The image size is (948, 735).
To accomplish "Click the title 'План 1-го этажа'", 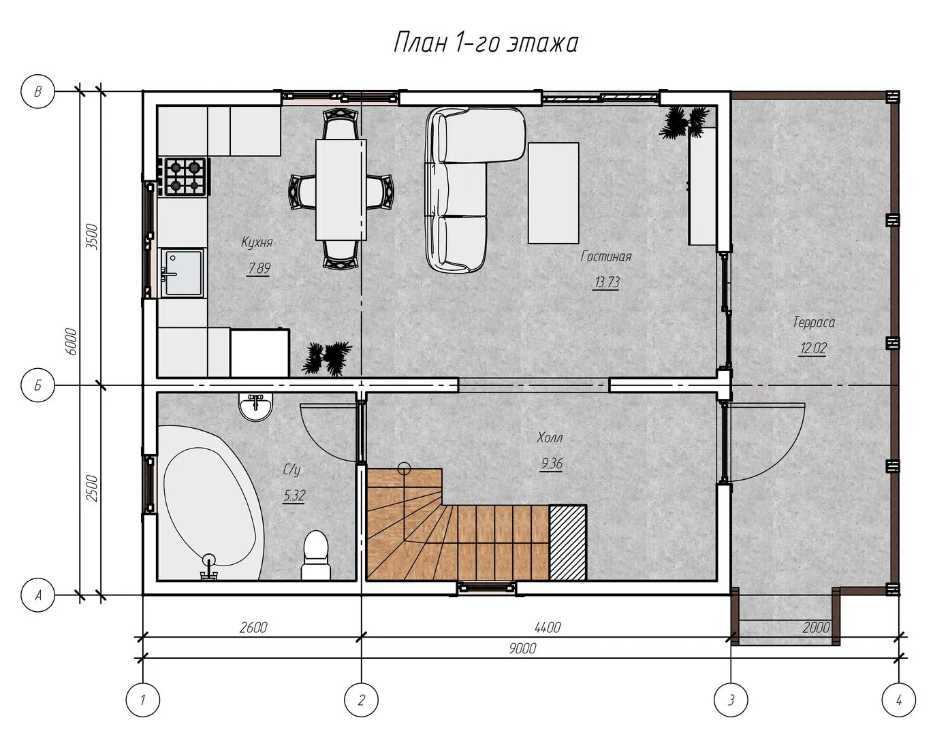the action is pyautogui.click(x=486, y=43).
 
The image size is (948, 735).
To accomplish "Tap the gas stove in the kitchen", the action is pyautogui.click(x=185, y=176).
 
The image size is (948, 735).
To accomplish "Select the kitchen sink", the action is pyautogui.click(x=182, y=272).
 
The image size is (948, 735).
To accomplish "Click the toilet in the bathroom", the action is pyautogui.click(x=316, y=555).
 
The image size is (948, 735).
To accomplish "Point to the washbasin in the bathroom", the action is pyautogui.click(x=255, y=406).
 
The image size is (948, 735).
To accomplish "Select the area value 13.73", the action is pyautogui.click(x=606, y=282).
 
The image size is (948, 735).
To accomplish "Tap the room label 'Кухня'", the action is pyautogui.click(x=257, y=242).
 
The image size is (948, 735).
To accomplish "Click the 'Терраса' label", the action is pyautogui.click(x=814, y=322).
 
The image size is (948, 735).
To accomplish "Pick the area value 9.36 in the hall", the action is pyautogui.click(x=552, y=463).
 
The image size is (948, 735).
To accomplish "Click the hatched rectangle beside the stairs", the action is pyautogui.click(x=567, y=542).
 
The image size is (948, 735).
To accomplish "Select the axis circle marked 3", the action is pyautogui.click(x=731, y=700).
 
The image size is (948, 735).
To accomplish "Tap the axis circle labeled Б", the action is pyautogui.click(x=38, y=385).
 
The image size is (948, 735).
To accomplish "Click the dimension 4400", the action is pyautogui.click(x=548, y=627).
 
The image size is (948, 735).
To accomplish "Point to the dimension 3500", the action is pyautogui.click(x=92, y=236).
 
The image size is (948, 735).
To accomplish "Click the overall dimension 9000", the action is pyautogui.click(x=522, y=649).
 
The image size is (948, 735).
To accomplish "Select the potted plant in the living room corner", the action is pyautogui.click(x=684, y=121).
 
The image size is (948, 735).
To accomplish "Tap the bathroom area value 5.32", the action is pyautogui.click(x=294, y=495).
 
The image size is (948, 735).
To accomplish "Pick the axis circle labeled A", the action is pyautogui.click(x=38, y=595).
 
